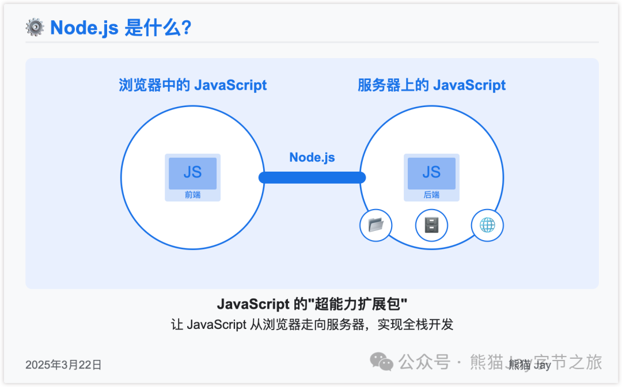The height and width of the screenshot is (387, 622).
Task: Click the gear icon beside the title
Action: click(35, 28)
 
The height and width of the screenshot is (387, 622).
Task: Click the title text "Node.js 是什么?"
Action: click(120, 28)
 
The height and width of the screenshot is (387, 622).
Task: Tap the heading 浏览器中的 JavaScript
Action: click(192, 86)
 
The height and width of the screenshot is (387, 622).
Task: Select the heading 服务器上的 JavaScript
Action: click(431, 86)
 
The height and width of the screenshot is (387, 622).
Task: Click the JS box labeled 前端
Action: click(192, 173)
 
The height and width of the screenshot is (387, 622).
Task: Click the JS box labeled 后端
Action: click(431, 173)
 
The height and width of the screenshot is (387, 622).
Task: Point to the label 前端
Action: click(192, 195)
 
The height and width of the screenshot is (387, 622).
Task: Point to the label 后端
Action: click(431, 195)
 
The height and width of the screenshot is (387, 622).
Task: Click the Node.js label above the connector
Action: click(312, 157)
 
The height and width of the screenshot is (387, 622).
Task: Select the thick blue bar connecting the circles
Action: click(312, 177)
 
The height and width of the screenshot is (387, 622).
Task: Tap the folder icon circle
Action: click(376, 225)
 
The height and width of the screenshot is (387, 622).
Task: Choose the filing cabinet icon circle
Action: click(431, 225)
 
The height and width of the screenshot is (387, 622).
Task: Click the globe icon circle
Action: click(487, 225)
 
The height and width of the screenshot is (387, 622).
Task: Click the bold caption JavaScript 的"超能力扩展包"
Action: click(312, 304)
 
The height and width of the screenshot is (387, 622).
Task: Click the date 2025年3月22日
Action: click(63, 365)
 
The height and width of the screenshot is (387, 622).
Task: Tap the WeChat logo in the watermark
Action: click(381, 362)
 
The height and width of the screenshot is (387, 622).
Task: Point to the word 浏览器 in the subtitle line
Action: click(282, 324)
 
